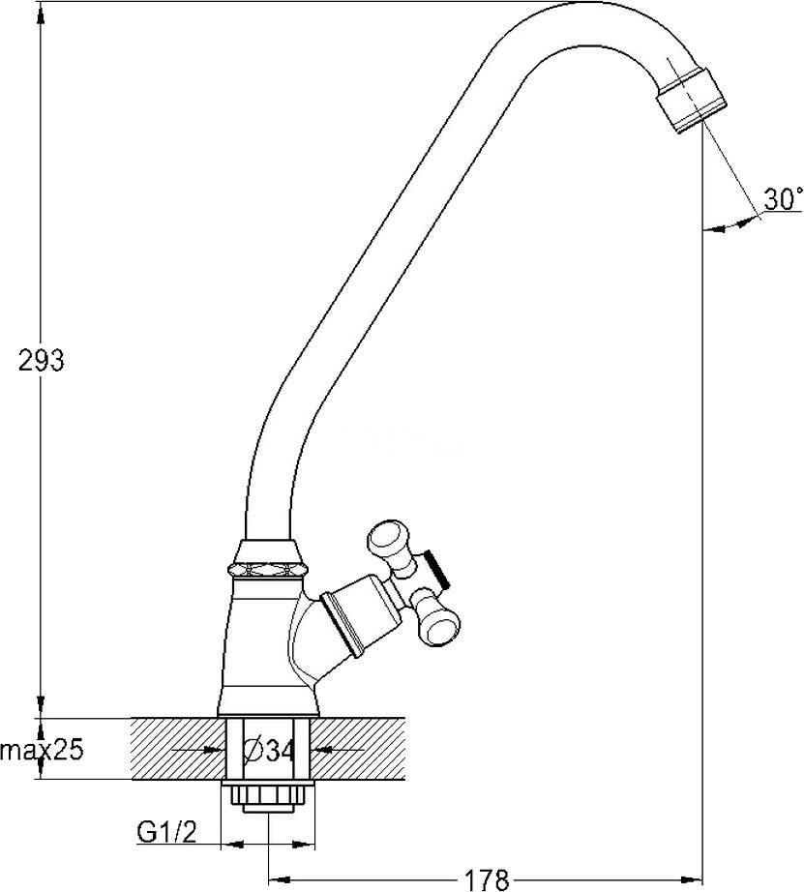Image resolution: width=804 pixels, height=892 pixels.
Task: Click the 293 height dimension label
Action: (x=42, y=361)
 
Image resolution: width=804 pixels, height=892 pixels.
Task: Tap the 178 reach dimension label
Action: (x=487, y=879)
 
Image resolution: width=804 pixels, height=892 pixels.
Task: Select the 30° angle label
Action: (x=783, y=199)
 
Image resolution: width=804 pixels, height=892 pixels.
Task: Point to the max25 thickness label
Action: (x=43, y=751)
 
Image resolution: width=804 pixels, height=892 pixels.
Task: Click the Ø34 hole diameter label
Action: (x=270, y=751)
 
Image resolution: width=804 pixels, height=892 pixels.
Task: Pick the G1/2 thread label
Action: (x=167, y=833)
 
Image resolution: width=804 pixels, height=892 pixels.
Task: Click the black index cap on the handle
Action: (x=437, y=569)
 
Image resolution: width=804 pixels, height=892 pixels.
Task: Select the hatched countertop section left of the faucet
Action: (x=179, y=749)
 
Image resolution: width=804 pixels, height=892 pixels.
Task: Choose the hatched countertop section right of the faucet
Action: (x=358, y=749)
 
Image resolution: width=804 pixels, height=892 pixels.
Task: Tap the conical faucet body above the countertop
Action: (x=263, y=648)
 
